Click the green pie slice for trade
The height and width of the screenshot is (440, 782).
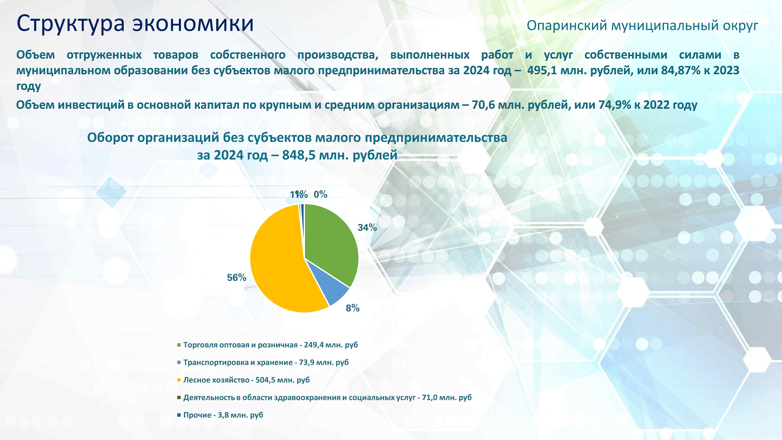(331, 240)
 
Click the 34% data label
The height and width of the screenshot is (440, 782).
(367, 227)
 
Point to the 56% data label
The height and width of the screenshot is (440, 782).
(236, 278)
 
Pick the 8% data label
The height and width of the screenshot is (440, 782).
(352, 308)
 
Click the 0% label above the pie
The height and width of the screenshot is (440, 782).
(320, 194)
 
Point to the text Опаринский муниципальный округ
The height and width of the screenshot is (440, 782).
(642, 26)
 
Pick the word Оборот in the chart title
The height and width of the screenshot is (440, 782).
(110, 138)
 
